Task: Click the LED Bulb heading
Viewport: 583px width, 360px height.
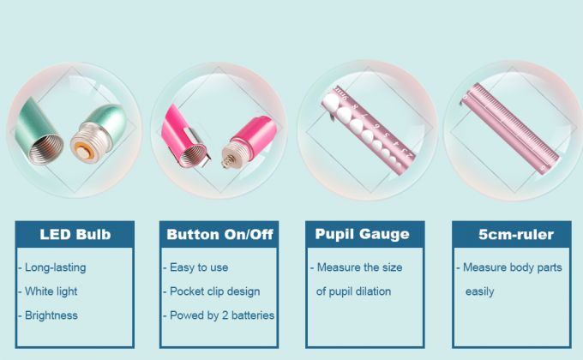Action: tap(75, 234)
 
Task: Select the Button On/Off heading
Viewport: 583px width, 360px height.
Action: tap(219, 234)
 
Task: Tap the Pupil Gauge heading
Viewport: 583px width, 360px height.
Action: tap(363, 234)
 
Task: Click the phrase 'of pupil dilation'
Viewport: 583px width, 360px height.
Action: tap(354, 291)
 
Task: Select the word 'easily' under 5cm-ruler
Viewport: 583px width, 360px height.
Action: tap(479, 291)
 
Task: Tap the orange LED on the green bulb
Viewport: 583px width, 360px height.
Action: tap(84, 148)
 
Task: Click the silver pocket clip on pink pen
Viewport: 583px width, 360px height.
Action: tap(189, 131)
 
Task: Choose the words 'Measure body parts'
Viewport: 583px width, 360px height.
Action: tap(512, 267)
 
